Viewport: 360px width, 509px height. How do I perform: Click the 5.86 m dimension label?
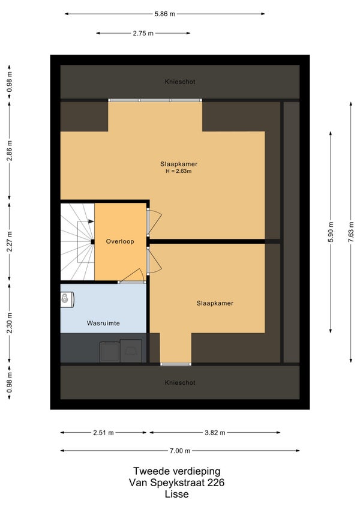pyautogui.click(x=164, y=14)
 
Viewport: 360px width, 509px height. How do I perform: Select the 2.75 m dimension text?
pyautogui.click(x=143, y=33)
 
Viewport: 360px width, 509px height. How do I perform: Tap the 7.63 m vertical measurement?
pyautogui.click(x=350, y=232)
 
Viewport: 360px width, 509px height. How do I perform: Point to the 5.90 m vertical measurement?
pyautogui.click(x=331, y=232)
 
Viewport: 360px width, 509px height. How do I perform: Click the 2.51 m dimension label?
pyautogui.click(x=103, y=432)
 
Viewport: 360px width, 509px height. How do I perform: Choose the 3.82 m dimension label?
pyautogui.click(x=215, y=432)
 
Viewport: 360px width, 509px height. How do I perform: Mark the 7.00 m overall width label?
pyautogui.click(x=180, y=451)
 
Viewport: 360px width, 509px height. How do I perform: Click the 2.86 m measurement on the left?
pyautogui.click(x=10, y=151)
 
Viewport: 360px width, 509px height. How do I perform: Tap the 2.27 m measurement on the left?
pyautogui.click(x=10, y=241)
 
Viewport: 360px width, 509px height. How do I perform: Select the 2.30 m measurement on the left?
pyautogui.click(x=10, y=323)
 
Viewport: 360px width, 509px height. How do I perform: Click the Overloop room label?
pyautogui.click(x=120, y=241)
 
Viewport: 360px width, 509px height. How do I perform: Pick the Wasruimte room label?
pyautogui.click(x=103, y=324)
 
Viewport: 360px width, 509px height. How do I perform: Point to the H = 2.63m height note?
pyautogui.click(x=179, y=171)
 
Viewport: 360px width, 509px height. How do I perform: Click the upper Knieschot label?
pyautogui.click(x=180, y=82)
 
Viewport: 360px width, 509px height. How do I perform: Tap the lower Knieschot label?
pyautogui.click(x=180, y=383)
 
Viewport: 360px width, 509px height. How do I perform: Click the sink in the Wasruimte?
pyautogui.click(x=67, y=300)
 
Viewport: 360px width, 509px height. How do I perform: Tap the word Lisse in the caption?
pyautogui.click(x=176, y=495)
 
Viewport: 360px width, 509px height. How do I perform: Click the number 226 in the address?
pyautogui.click(x=215, y=483)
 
